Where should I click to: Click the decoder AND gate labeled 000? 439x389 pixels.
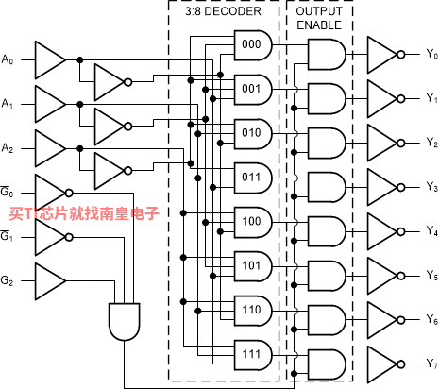[253, 45]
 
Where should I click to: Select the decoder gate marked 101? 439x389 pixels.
[253, 266]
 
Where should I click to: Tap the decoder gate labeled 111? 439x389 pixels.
[253, 355]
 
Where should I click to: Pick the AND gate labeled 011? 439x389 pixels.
[253, 178]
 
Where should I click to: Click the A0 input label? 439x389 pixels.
[8, 59]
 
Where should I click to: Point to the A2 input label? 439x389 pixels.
[8, 148]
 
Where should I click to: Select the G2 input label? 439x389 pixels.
[7, 280]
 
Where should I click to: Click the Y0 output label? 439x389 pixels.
[431, 54]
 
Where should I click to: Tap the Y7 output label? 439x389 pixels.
[431, 364]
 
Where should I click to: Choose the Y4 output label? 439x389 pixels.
[431, 231]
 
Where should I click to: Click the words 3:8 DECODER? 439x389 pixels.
[223, 11]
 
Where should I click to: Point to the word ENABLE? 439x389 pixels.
[319, 25]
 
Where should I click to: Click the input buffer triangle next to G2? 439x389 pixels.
[50, 281]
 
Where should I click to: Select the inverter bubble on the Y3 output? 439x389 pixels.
[400, 188]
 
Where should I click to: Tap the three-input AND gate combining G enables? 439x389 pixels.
[125, 322]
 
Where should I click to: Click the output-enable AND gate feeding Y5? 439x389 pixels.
[327, 276]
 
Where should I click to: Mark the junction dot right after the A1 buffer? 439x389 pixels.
[80, 104]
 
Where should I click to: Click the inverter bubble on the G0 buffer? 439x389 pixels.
[69, 193]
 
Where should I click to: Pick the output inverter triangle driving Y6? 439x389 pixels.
[382, 320]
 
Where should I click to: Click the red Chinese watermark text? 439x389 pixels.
[84, 213]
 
